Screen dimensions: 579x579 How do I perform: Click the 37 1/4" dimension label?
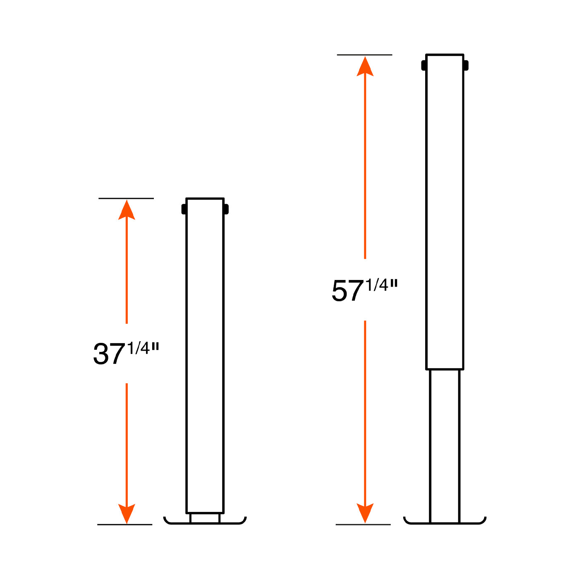click(126, 353)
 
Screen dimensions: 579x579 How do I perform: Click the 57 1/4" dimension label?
click(364, 289)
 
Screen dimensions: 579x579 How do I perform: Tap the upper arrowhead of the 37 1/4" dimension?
click(127, 210)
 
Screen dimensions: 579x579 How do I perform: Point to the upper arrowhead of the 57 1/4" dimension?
click(365, 66)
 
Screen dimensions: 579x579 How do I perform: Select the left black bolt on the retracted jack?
click(184, 209)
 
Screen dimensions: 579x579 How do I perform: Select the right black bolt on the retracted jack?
click(226, 209)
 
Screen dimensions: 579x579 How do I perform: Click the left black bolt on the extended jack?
click(423, 65)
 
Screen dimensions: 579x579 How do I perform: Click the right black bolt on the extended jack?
click(466, 65)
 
